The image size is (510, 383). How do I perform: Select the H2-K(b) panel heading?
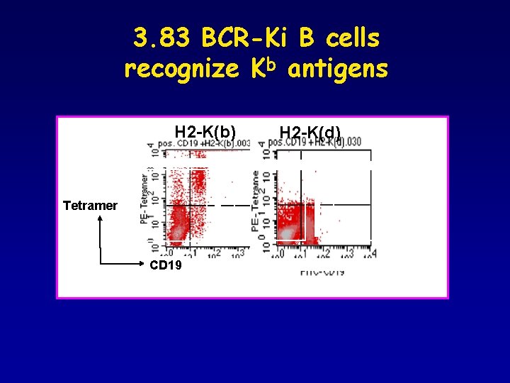205,132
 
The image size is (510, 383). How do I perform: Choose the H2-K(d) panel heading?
310,133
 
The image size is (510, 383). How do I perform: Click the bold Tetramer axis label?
90,206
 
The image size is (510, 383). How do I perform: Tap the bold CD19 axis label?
166,265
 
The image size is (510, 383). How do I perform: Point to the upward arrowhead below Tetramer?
101,221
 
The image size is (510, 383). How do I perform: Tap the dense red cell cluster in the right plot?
294,223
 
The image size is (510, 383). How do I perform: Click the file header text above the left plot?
203,143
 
